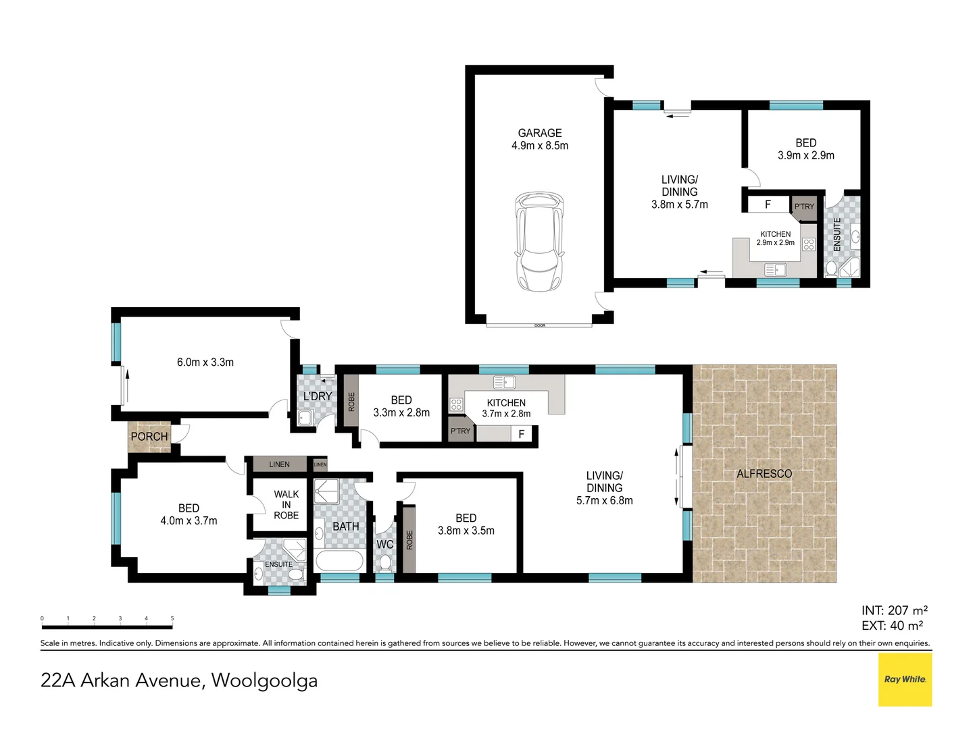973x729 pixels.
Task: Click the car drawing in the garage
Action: [539, 242]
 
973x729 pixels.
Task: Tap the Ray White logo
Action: [905, 680]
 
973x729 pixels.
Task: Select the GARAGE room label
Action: [539, 133]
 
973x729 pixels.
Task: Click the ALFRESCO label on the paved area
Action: [764, 474]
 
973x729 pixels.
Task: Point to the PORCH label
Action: [149, 437]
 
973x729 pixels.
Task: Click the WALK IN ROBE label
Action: [286, 505]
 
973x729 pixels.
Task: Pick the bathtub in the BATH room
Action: [339, 561]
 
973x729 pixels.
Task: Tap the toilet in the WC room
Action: [384, 563]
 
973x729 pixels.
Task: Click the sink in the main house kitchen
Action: [504, 381]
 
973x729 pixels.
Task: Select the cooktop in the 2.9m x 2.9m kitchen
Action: [808, 244]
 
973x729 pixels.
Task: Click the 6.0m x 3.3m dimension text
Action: [205, 362]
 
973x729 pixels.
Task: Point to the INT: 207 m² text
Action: [894, 610]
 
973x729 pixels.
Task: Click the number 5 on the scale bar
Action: [172, 618]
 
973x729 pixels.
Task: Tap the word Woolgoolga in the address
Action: [264, 681]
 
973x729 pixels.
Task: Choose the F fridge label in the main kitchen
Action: [521, 434]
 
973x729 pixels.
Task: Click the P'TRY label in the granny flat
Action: [804, 207]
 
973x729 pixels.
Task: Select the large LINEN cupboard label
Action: [279, 464]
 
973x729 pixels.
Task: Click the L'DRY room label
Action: [318, 396]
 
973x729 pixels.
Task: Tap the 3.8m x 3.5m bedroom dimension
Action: [466, 531]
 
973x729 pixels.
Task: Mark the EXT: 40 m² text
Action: [892, 626]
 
